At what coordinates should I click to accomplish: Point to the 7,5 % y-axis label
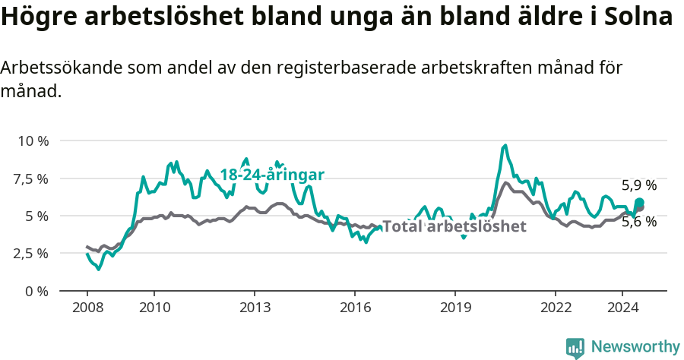point(30,178)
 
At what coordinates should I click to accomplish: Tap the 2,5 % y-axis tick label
point(30,253)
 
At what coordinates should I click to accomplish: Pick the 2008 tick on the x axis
point(87,308)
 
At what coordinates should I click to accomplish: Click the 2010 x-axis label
point(154,308)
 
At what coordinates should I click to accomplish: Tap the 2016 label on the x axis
point(354,308)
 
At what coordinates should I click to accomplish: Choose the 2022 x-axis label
point(555,308)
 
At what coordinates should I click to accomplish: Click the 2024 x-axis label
point(622,308)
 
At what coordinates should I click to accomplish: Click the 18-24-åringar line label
point(272,175)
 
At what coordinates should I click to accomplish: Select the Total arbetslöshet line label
point(454,226)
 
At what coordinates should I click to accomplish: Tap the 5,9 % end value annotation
point(639,185)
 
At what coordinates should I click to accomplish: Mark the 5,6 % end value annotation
point(639,222)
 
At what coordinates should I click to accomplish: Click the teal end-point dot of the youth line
point(640,202)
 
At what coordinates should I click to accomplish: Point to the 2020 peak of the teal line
point(505,145)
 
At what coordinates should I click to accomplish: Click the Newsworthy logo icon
point(575,348)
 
